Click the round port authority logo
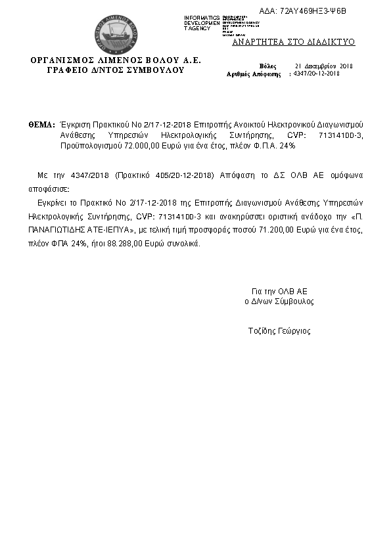(x=116, y=34)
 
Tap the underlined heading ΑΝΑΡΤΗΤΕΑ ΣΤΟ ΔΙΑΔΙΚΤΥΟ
(x=294, y=42)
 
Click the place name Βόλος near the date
(x=268, y=66)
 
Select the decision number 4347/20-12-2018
(x=316, y=74)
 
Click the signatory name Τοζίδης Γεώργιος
(x=279, y=331)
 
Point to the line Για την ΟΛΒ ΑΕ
(x=279, y=291)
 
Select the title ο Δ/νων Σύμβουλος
(x=279, y=301)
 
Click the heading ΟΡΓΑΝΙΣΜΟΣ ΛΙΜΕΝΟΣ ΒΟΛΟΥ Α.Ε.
(x=116, y=60)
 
